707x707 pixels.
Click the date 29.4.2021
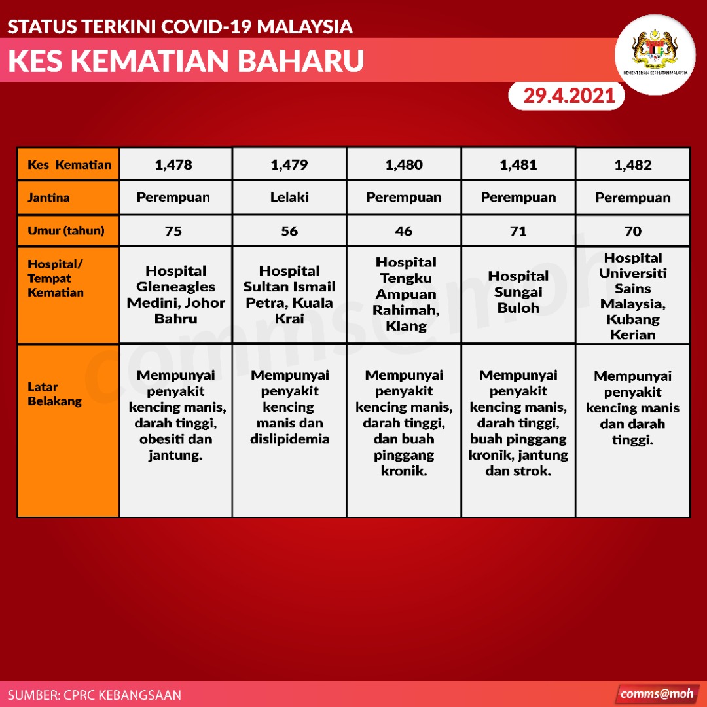tap(569, 96)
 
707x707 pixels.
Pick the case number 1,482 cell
tap(632, 164)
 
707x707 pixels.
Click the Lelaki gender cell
tap(289, 198)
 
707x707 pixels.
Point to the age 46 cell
tap(403, 231)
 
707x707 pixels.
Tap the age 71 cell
tap(518, 231)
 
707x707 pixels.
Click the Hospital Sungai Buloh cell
tap(518, 295)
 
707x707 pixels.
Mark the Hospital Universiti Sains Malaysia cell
tap(632, 295)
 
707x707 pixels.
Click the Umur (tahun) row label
tap(66, 231)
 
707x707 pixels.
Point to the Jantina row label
tap(48, 198)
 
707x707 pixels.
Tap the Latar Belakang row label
tap(54, 394)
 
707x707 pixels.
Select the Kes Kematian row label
tap(69, 164)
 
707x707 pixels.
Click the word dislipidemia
tap(289, 439)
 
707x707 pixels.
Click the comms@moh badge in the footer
tap(657, 694)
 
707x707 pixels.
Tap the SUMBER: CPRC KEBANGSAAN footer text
tap(94, 695)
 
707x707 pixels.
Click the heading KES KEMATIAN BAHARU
tap(186, 60)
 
